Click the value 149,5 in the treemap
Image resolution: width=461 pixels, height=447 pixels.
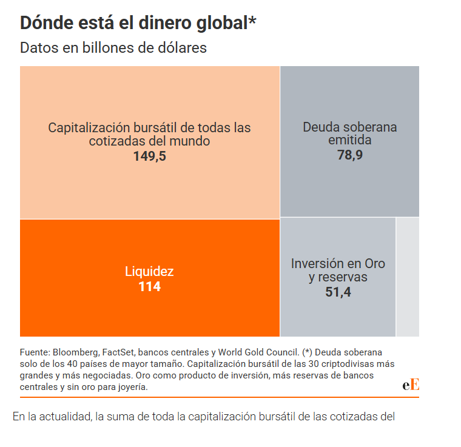click(149, 156)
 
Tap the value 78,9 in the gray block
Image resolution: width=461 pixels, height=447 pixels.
click(349, 155)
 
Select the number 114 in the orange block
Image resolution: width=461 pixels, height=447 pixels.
click(149, 287)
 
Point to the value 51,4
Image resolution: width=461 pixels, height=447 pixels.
click(338, 292)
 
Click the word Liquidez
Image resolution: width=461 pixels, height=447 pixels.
click(149, 272)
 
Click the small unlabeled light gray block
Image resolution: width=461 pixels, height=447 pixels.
click(408, 277)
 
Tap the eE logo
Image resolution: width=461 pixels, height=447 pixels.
click(411, 385)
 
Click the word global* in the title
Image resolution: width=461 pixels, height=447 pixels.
click(223, 22)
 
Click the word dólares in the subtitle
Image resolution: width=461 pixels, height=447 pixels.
click(181, 48)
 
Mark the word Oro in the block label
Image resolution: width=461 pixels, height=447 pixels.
click(374, 264)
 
